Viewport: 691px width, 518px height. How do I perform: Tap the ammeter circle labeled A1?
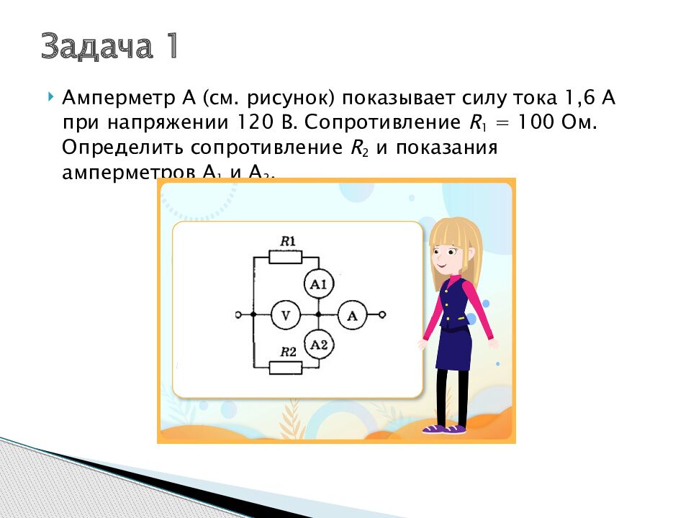[x=318, y=284]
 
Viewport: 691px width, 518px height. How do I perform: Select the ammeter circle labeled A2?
[x=318, y=345]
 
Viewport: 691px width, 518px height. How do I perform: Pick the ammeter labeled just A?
[x=352, y=314]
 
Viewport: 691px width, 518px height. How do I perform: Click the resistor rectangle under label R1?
[x=286, y=256]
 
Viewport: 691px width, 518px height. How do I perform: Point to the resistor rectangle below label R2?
[x=286, y=368]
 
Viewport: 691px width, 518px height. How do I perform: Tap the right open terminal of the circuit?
[x=383, y=314]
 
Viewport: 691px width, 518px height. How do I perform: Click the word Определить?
[x=122, y=147]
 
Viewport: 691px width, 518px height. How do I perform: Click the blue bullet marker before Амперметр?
[x=50, y=96]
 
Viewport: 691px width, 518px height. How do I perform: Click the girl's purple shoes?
[x=443, y=429]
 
